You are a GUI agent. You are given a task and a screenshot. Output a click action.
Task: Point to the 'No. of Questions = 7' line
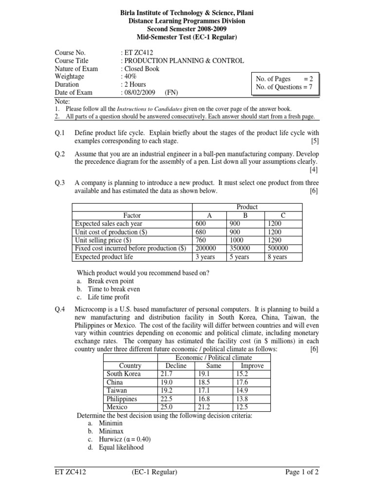pos(283,88)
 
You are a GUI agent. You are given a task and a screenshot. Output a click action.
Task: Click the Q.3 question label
pos(60,183)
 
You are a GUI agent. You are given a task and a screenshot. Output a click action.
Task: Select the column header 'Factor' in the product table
pos(132,215)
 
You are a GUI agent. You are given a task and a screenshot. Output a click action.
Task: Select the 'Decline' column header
pos(176,365)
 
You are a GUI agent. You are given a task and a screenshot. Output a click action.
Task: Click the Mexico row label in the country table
pos(117,407)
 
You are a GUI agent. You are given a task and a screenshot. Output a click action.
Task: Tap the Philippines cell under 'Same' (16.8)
pos(200,399)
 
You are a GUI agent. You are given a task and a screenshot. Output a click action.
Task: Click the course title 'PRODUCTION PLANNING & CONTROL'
pos(183,61)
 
